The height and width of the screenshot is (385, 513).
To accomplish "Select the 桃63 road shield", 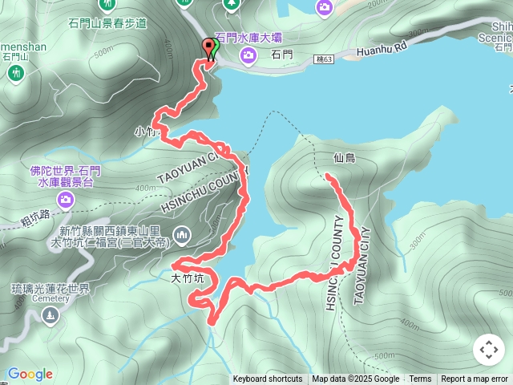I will click(323, 59).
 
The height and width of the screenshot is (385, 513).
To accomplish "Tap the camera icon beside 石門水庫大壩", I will click(248, 55).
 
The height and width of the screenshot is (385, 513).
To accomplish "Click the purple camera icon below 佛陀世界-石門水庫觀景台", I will click(66, 198).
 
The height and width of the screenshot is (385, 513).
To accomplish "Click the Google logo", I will click(30, 373).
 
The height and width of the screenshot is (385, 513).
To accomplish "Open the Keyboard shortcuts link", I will click(268, 379).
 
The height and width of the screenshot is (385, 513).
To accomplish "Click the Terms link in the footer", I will click(420, 379).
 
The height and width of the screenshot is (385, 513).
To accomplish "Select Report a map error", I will click(475, 379).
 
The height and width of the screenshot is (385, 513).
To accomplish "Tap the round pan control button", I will click(488, 350).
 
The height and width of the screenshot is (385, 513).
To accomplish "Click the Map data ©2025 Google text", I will click(355, 379).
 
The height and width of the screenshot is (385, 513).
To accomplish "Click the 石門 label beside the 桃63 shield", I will click(282, 55).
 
